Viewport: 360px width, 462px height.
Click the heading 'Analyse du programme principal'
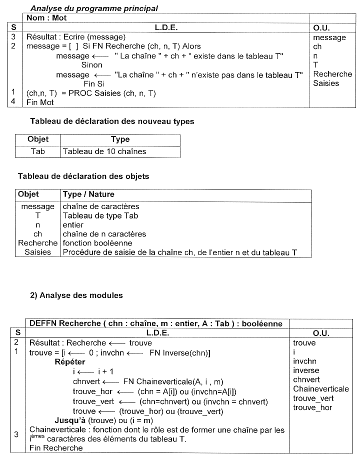coord(94,8)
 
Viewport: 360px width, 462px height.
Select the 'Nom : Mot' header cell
coord(46,18)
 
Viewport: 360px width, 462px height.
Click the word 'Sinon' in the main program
coord(91,64)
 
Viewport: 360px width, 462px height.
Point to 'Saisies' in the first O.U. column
coord(326,83)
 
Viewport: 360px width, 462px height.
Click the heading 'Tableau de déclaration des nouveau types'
coord(112,121)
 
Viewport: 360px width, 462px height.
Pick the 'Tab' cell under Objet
coord(38,151)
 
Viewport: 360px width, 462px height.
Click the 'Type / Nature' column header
coord(88,194)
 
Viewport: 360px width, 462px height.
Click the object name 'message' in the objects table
coord(38,206)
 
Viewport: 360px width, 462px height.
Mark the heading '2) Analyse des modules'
coord(76,295)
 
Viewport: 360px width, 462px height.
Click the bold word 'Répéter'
coord(69,361)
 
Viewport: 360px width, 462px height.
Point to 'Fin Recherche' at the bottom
coord(56,448)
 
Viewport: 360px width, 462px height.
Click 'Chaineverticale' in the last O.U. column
coord(321,388)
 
